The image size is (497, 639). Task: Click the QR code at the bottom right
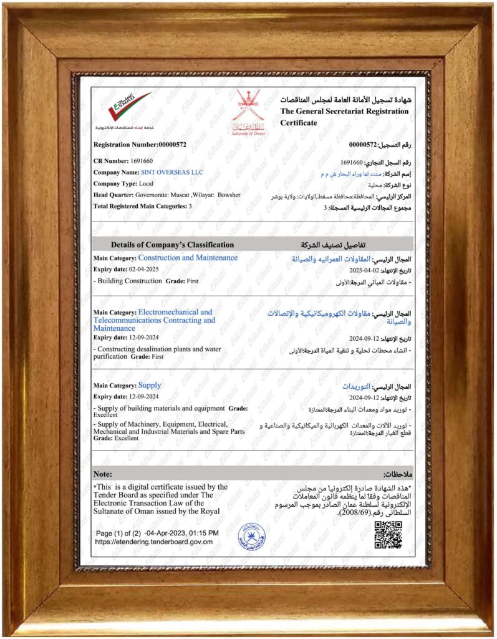click(x=387, y=535)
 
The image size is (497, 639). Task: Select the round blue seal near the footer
click(x=252, y=535)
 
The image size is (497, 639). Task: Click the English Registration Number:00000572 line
click(x=140, y=145)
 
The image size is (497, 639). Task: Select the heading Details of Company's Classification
click(x=172, y=245)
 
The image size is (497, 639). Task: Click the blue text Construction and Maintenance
click(x=187, y=258)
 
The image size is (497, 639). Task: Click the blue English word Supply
click(x=149, y=385)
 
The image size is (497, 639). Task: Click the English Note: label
click(x=102, y=474)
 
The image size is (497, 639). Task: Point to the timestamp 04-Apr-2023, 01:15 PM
click(x=181, y=533)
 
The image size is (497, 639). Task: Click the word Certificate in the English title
click(x=299, y=123)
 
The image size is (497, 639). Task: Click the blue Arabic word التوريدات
click(x=360, y=386)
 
